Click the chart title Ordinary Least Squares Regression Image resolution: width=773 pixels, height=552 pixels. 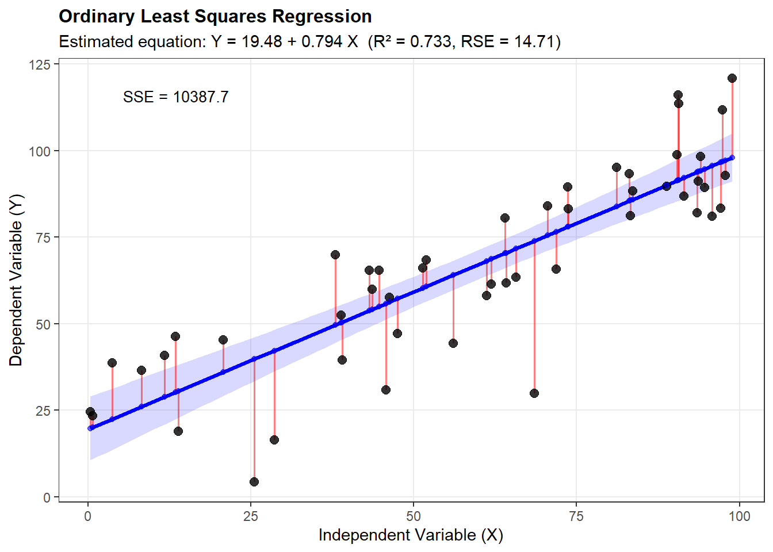215,17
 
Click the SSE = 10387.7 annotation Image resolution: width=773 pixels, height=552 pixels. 175,97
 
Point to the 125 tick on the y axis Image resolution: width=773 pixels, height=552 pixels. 40,64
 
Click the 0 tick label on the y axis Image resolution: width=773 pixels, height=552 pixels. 47,497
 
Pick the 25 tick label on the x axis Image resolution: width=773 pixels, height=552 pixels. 251,516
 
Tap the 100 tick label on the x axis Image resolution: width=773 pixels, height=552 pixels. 739,516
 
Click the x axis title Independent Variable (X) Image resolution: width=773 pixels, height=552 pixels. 411,535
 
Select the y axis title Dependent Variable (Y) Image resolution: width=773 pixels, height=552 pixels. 16,280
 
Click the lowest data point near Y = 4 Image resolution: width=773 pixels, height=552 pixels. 254,482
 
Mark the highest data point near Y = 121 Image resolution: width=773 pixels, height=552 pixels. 732,78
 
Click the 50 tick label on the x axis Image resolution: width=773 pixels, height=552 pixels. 414,516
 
